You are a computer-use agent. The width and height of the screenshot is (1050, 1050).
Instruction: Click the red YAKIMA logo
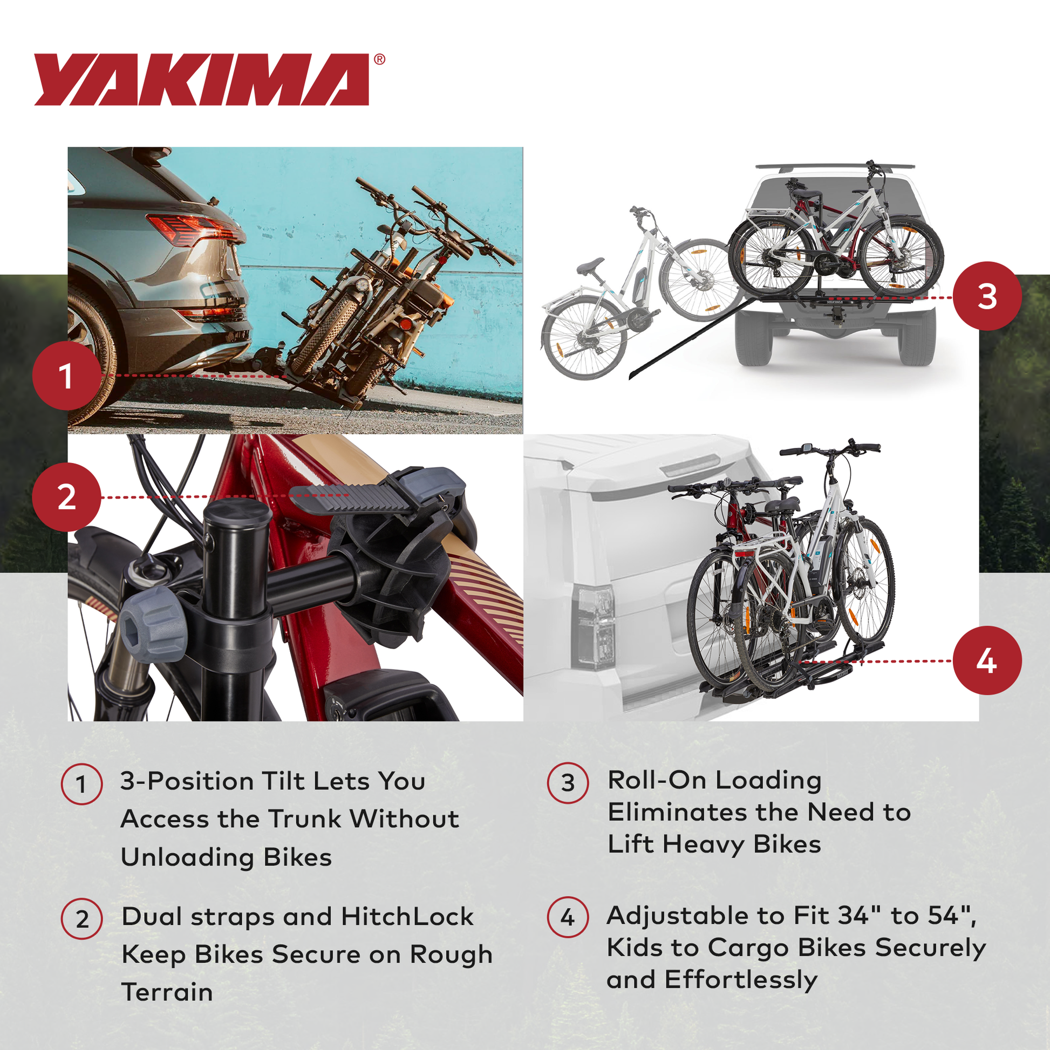(x=201, y=79)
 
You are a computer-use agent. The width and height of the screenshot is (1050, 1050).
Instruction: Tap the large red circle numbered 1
(x=66, y=376)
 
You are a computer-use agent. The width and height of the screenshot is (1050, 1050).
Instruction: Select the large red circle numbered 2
(x=66, y=497)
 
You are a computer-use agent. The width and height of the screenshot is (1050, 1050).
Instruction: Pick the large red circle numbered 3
(x=987, y=296)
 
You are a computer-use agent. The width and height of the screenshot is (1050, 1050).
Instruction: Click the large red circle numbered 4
(x=987, y=661)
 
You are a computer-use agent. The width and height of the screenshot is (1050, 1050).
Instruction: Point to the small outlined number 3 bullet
(x=568, y=783)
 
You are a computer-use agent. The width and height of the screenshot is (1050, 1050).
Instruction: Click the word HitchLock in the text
(x=407, y=917)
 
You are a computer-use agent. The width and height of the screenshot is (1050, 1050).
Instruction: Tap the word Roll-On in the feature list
(x=657, y=780)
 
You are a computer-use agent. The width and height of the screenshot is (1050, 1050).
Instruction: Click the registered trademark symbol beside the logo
(x=379, y=59)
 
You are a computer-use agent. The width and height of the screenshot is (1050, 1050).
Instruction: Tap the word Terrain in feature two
(x=167, y=992)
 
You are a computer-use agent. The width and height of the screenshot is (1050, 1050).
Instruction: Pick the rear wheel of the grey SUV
(x=90, y=353)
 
